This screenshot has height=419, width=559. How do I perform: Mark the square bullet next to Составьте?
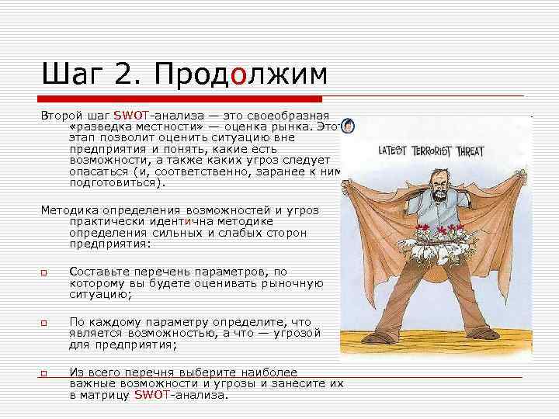point(45,272)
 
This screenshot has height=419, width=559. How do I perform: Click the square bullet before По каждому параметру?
point(45,322)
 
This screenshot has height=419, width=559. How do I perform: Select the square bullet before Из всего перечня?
point(45,373)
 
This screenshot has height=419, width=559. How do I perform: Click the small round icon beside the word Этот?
point(349,126)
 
